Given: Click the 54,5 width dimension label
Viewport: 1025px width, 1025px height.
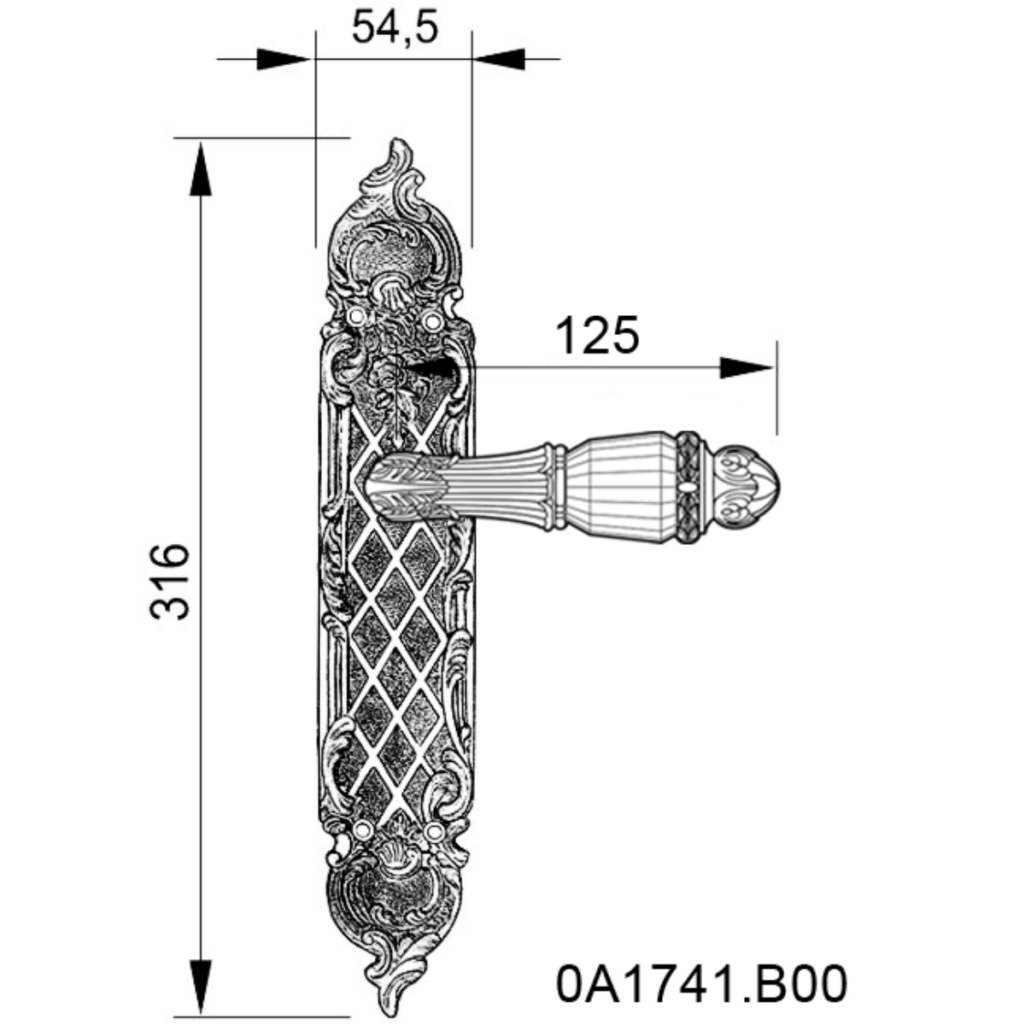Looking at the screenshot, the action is click(x=395, y=27).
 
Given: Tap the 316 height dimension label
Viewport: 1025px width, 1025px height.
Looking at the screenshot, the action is click(x=169, y=582).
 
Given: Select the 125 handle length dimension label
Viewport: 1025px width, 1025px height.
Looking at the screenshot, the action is click(x=597, y=336).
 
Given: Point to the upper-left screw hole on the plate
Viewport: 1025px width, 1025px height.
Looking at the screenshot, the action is click(x=357, y=318).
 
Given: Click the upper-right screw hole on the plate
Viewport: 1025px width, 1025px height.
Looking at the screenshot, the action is click(x=431, y=321).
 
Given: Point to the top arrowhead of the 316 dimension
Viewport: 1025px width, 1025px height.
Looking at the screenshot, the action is click(x=201, y=169).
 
